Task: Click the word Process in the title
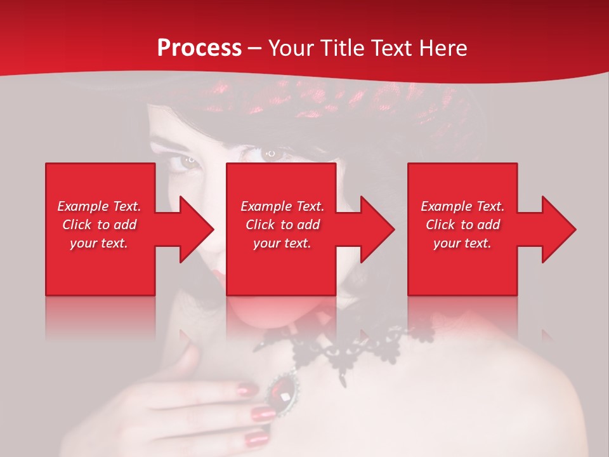click(x=199, y=48)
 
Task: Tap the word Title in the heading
click(x=342, y=48)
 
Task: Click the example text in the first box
click(x=99, y=225)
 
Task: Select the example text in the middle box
click(x=282, y=225)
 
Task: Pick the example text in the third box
click(x=462, y=225)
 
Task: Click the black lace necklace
click(x=330, y=349)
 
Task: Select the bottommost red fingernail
click(x=256, y=439)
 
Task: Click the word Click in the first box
click(x=77, y=225)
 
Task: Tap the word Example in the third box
click(x=445, y=206)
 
